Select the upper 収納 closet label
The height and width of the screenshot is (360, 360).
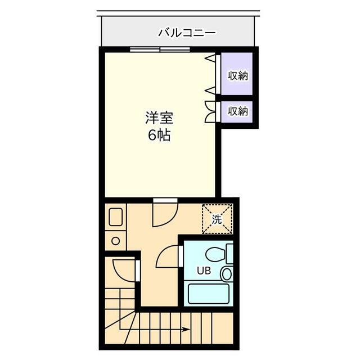pos(237,75)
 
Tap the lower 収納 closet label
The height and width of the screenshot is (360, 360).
pos(237,111)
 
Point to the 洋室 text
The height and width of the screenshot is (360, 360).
pos(160,118)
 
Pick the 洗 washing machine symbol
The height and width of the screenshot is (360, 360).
pos(217,219)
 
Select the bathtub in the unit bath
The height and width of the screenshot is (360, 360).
pos(208,293)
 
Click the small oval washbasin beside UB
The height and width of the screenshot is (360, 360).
pos(226,274)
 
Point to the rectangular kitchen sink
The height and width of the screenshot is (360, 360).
pos(116,218)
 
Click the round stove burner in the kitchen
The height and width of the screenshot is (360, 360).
pos(115,241)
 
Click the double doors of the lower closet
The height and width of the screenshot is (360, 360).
pos(210,111)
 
